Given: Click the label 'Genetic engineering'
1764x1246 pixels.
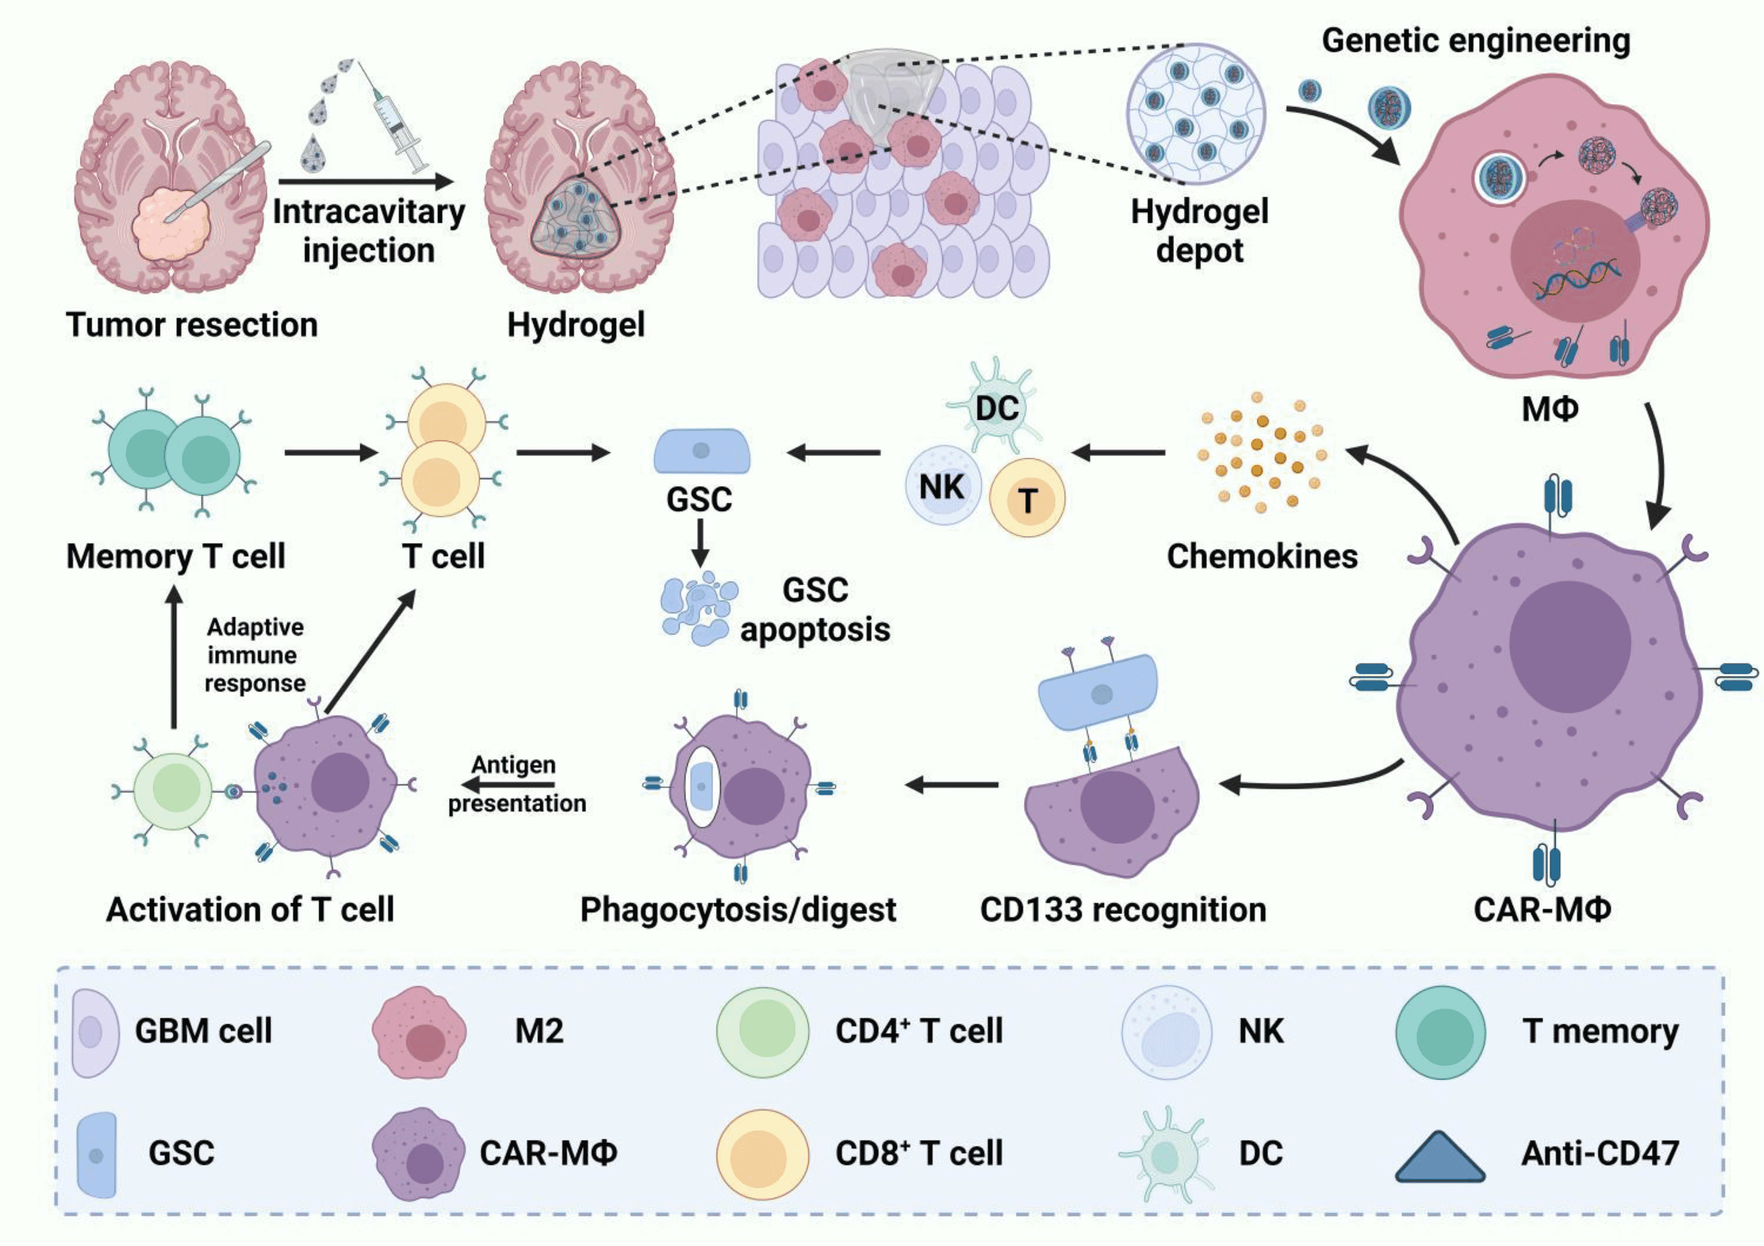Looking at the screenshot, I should coord(1475,41).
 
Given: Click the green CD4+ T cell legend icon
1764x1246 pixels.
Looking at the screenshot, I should coord(762,1030).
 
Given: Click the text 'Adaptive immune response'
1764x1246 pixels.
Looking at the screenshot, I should coord(254,655).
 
